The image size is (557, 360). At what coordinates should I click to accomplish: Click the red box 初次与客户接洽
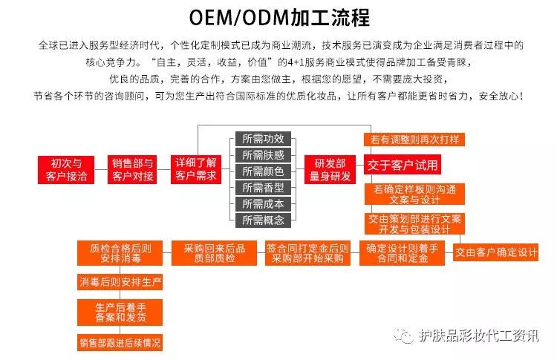pos(66,170)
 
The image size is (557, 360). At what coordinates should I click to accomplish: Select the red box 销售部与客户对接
pos(132,170)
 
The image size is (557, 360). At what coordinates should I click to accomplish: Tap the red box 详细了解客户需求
pos(196,170)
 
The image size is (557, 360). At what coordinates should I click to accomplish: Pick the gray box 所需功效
pos(263,139)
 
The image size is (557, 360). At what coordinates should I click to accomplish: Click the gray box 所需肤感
pos(263,155)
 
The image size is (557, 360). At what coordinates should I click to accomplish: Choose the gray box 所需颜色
pos(263,171)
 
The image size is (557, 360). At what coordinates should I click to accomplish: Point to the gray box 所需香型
pos(263,188)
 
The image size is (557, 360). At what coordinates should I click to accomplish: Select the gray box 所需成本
pos(263,204)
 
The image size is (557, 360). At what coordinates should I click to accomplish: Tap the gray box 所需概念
pos(263,220)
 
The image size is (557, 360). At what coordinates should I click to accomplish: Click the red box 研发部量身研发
pos(330,170)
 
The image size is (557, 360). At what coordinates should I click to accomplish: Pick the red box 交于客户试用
pos(403,165)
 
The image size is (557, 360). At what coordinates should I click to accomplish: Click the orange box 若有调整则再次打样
pos(414,140)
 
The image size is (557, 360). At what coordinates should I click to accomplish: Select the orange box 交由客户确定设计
pos(496,252)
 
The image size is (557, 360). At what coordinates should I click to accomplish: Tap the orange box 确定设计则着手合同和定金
pos(402,253)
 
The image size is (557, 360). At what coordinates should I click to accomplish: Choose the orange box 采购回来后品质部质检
pos(214,253)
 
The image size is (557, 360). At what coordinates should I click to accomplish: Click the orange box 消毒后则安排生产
pos(120,282)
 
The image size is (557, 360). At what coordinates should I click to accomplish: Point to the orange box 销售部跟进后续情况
pos(120,343)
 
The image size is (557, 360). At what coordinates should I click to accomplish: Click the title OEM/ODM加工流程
pos(279,17)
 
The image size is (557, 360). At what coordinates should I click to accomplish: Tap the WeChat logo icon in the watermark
pos(403,336)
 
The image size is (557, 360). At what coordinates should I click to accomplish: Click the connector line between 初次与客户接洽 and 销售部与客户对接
pos(101,170)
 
